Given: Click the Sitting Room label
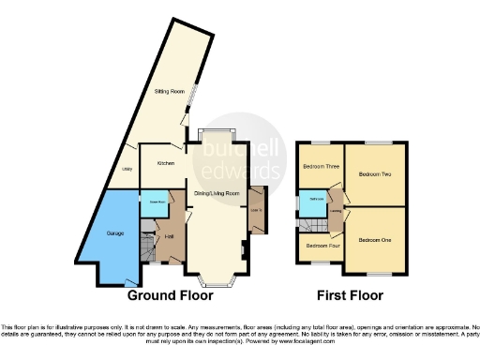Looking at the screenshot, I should (169, 93).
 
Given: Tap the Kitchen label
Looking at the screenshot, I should (166, 163).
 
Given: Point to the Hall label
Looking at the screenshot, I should (169, 235).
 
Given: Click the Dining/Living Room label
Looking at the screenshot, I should (217, 193).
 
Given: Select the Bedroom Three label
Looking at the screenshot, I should (320, 167).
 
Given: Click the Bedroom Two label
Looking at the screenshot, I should (375, 174).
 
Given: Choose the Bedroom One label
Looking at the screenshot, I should (375, 240).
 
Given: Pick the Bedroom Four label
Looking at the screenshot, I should (319, 246).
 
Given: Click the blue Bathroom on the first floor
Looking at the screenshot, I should (317, 200).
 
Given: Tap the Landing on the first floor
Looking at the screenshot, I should (335, 211).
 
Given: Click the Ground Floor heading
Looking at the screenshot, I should (171, 295).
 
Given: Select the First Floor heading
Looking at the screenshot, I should (350, 295).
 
